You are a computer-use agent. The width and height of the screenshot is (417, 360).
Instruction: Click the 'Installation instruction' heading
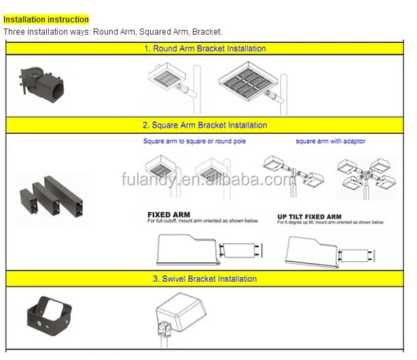tap(46, 20)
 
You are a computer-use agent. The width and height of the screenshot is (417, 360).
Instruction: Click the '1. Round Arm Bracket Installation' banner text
tap(204, 49)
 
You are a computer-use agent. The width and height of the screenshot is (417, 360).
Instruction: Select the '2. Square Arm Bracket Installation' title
tap(204, 125)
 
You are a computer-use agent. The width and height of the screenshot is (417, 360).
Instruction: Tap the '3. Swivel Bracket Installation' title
tap(204, 278)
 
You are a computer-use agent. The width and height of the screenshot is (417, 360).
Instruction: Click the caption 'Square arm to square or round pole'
tap(194, 141)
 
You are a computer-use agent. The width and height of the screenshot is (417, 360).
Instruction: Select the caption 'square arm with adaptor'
tap(331, 141)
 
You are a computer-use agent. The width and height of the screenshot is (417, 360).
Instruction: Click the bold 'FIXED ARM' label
tap(168, 215)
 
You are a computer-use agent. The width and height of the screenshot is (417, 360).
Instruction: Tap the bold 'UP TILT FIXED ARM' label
tap(309, 217)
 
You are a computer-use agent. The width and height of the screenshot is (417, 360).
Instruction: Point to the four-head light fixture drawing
tap(366, 175)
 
